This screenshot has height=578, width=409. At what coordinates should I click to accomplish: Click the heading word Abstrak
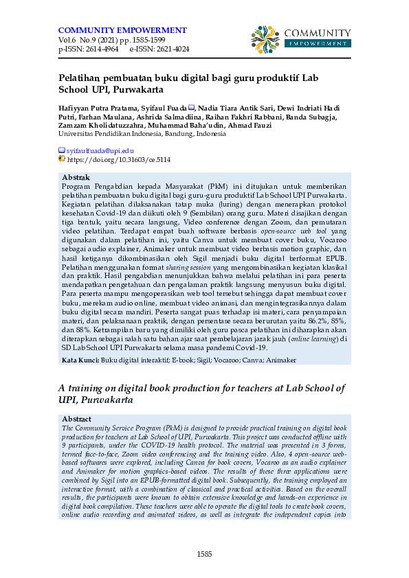pyautogui.click(x=76, y=178)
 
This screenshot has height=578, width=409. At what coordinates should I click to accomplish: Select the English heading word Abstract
pyautogui.click(x=77, y=419)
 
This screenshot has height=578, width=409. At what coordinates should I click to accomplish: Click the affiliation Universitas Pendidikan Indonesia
pyautogui.click(x=108, y=135)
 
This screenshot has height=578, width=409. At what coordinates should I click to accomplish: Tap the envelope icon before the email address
pyautogui.click(x=62, y=150)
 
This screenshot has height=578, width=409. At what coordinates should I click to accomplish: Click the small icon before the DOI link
pyautogui.click(x=62, y=159)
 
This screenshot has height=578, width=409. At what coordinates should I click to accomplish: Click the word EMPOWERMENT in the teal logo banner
pyautogui.click(x=317, y=43)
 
